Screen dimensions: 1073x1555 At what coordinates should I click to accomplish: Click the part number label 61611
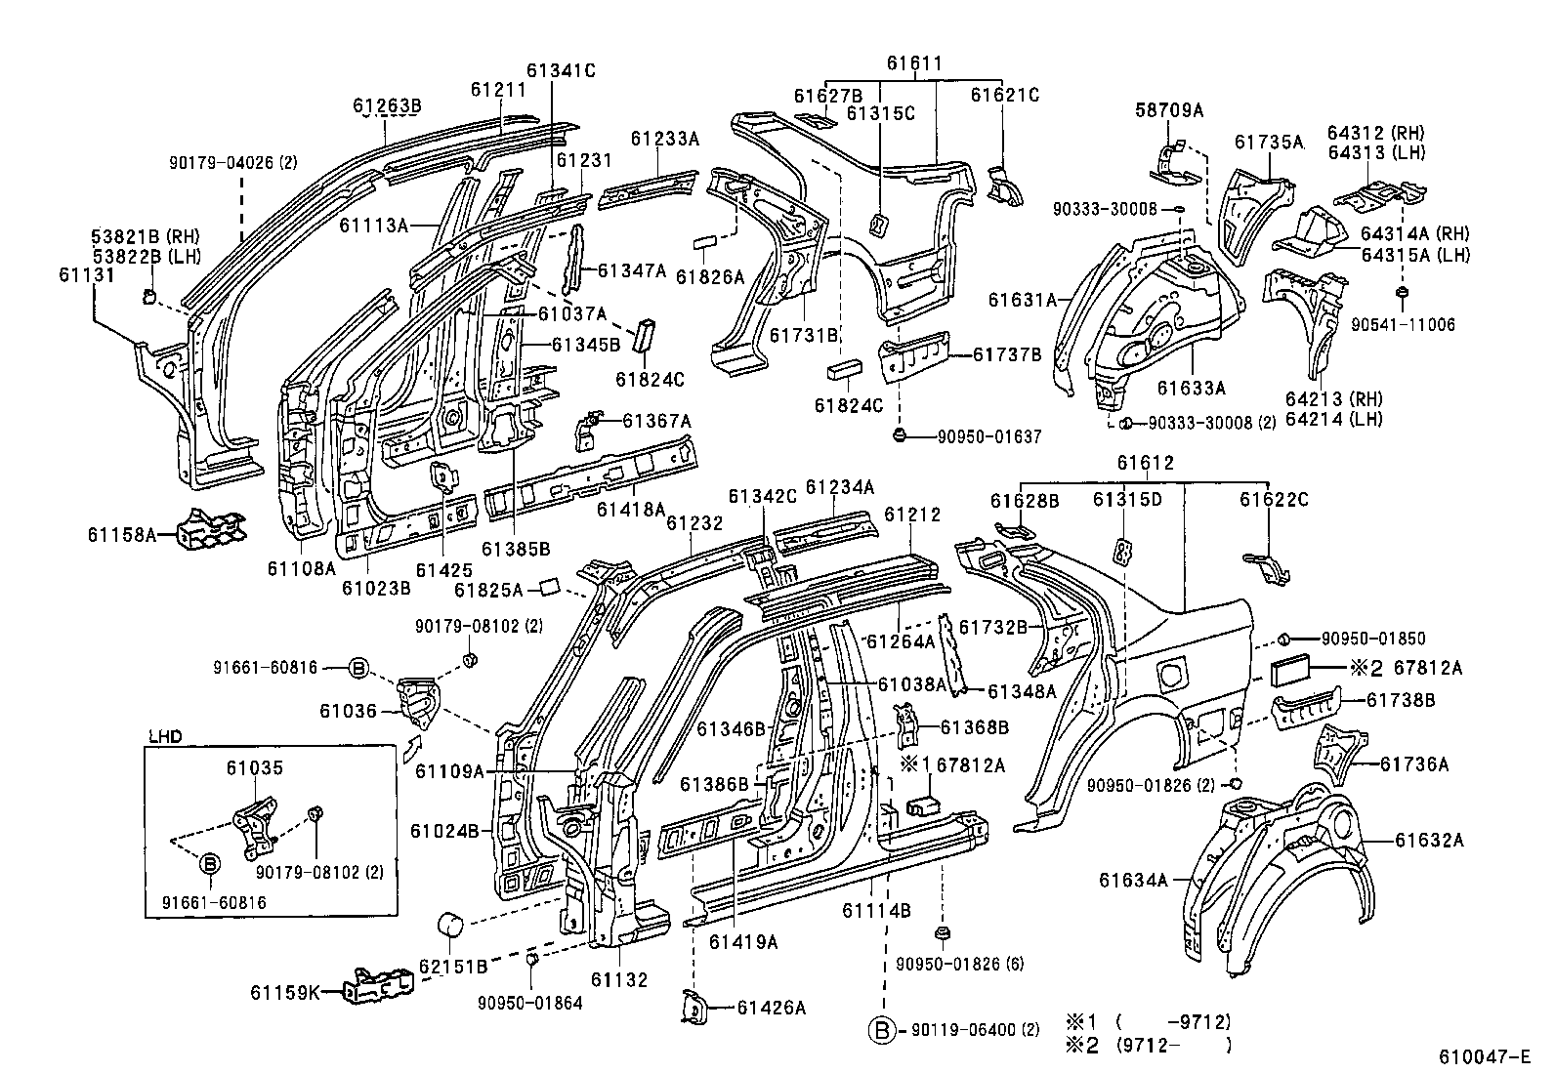[914, 64]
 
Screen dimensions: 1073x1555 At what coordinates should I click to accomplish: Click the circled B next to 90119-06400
[883, 1030]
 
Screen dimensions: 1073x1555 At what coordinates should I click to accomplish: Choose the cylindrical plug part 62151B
[451, 924]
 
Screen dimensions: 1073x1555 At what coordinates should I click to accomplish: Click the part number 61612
[1146, 463]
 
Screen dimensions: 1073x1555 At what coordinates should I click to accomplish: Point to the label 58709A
[1169, 111]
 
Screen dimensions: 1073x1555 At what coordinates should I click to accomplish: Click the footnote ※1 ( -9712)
[1147, 1022]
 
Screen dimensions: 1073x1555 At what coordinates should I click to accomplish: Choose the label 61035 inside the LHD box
[255, 767]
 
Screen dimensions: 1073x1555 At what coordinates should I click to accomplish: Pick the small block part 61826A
[705, 240]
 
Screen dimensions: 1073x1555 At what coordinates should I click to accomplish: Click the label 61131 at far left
[87, 275]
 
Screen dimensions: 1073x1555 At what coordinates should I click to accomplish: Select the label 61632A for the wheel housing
[1429, 840]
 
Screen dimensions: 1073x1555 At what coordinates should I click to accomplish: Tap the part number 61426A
[772, 1009]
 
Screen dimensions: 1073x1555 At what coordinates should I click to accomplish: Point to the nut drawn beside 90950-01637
[900, 435]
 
